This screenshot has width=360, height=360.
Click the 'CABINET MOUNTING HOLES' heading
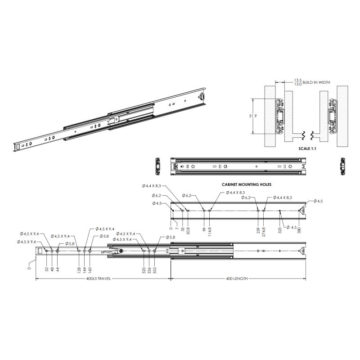pos(246,184)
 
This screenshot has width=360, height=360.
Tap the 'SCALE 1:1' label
pos(307,148)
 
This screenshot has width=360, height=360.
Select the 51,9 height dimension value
pos(253,116)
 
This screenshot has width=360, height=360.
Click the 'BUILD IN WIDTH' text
pos(316,82)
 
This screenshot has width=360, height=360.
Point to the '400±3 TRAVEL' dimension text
pos(99,279)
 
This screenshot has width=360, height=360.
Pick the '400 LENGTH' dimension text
pos(237,279)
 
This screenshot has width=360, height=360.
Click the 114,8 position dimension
pos(210,232)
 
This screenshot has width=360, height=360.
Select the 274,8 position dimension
pos(263,232)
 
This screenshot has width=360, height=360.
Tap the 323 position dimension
pos(280,230)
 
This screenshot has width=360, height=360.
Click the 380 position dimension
pos(299,230)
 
